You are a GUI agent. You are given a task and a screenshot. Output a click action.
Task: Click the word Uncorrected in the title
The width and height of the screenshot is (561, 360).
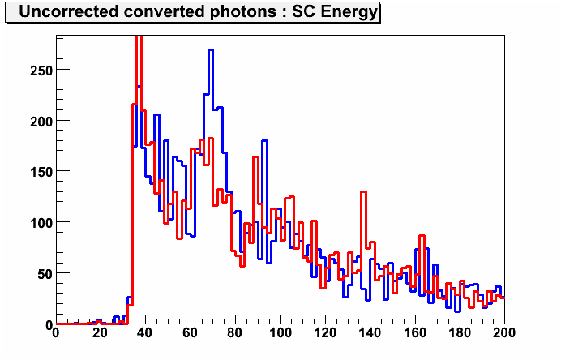pyautogui.click(x=69, y=11)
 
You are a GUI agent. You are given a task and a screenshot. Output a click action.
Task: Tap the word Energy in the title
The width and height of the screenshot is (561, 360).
pyautogui.click(x=349, y=12)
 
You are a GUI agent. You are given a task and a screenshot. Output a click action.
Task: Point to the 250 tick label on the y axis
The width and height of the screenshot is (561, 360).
pyautogui.click(x=41, y=71)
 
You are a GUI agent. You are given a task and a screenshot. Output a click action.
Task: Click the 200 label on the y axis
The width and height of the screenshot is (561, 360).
pyautogui.click(x=41, y=122)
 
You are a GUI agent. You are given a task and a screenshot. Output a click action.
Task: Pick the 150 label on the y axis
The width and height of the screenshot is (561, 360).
pyautogui.click(x=41, y=172)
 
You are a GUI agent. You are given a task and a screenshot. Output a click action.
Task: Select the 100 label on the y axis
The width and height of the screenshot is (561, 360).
pyautogui.click(x=41, y=223)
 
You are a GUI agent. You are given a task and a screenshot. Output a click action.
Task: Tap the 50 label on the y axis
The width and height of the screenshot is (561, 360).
pyautogui.click(x=45, y=274)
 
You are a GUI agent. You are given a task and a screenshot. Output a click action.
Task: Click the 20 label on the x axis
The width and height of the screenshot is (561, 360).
pyautogui.click(x=101, y=333)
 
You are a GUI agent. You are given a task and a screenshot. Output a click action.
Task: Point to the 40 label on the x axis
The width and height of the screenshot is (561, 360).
pyautogui.click(x=145, y=333)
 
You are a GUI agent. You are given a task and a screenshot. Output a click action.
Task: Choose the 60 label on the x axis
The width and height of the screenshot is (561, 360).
pyautogui.click(x=190, y=333)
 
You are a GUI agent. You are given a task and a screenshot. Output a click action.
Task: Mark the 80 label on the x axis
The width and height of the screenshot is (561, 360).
pyautogui.click(x=235, y=333)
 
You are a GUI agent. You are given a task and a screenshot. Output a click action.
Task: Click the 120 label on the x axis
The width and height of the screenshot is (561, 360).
pyautogui.click(x=325, y=333)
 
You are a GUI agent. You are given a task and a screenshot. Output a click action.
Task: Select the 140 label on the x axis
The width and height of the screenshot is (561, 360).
pyautogui.click(x=370, y=333)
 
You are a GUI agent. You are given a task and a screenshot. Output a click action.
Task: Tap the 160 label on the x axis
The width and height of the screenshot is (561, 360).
pyautogui.click(x=415, y=333)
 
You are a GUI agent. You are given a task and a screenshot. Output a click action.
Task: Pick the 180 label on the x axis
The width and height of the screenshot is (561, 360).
pyautogui.click(x=460, y=333)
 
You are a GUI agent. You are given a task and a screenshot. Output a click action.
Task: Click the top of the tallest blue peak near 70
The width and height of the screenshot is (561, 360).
pyautogui.click(x=211, y=50)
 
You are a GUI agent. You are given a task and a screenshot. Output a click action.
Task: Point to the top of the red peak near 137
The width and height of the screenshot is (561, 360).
pyautogui.click(x=363, y=192)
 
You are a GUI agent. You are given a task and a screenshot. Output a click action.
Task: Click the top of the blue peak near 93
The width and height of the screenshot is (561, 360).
pyautogui.click(x=265, y=141)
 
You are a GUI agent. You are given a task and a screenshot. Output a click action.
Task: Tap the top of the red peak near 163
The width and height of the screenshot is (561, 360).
pyautogui.click(x=422, y=236)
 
